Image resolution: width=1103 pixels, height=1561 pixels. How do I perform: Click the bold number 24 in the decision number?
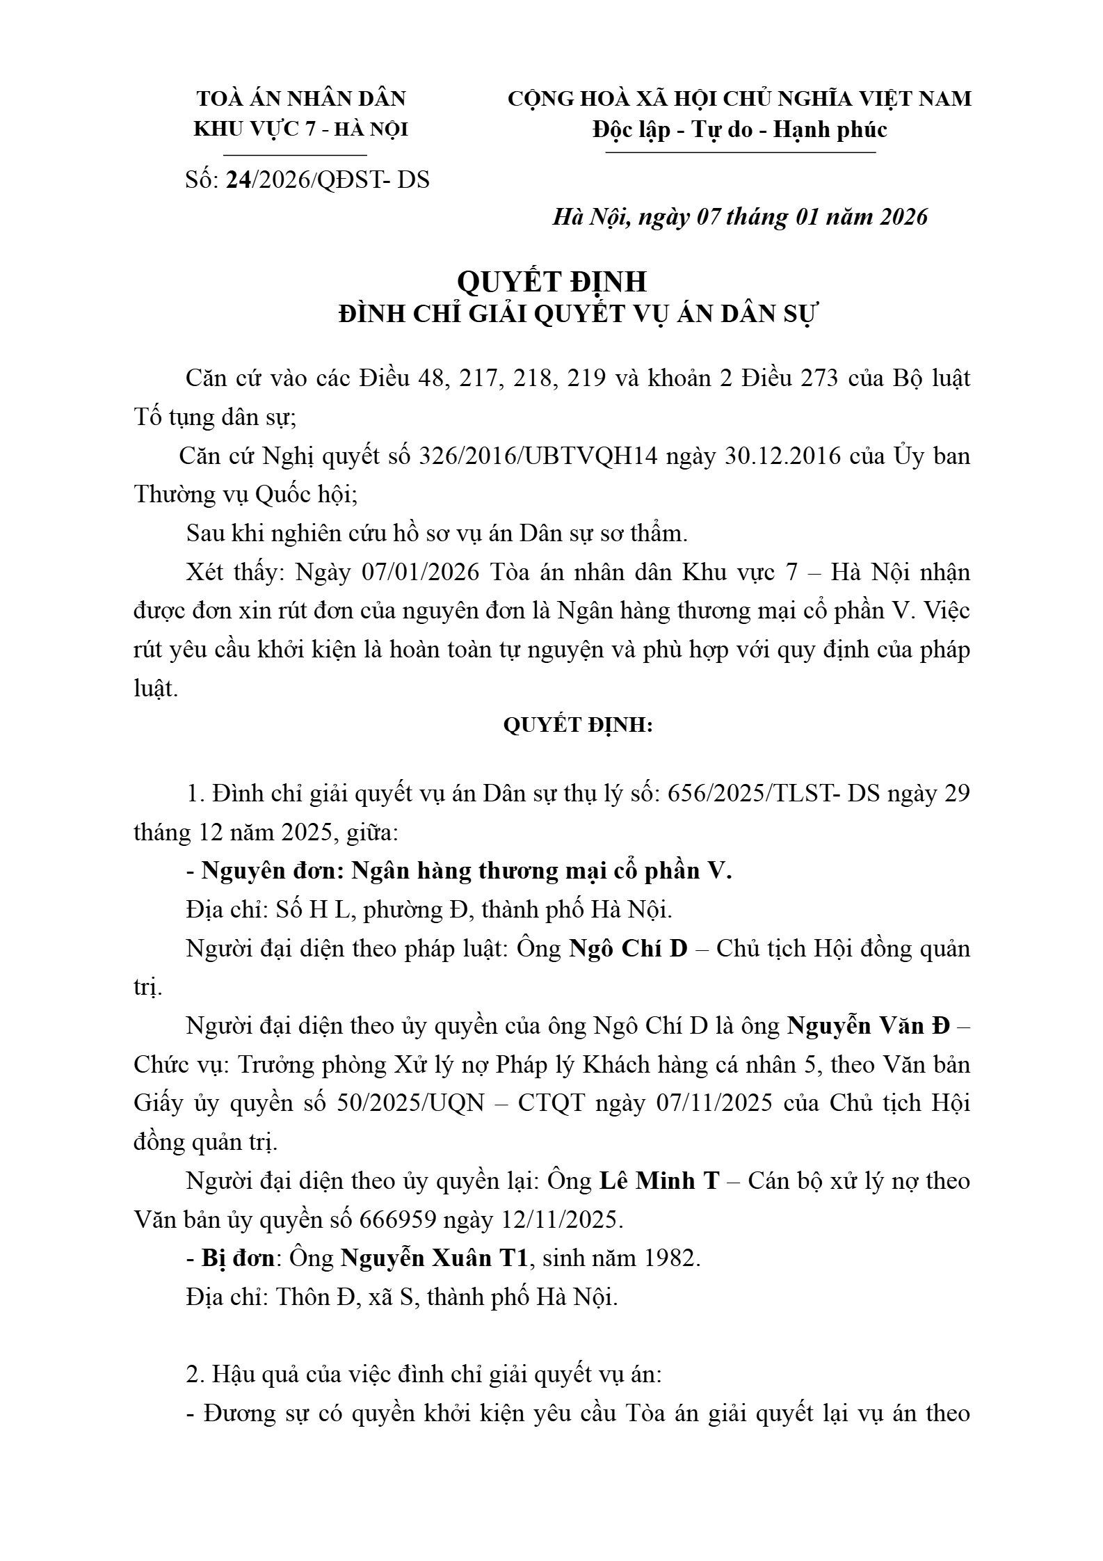(x=239, y=180)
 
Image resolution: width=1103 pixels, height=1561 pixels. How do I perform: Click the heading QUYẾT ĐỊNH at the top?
(x=551, y=282)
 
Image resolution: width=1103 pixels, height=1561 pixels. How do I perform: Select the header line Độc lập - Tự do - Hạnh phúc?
(x=739, y=130)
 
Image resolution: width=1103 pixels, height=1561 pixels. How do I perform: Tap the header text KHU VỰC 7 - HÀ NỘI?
(x=300, y=130)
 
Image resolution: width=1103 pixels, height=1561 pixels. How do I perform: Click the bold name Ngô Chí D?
(x=628, y=949)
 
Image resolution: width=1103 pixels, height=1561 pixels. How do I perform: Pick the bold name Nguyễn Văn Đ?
(x=868, y=1026)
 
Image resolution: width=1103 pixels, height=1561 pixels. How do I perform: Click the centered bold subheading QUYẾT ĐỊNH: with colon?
(x=578, y=726)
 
